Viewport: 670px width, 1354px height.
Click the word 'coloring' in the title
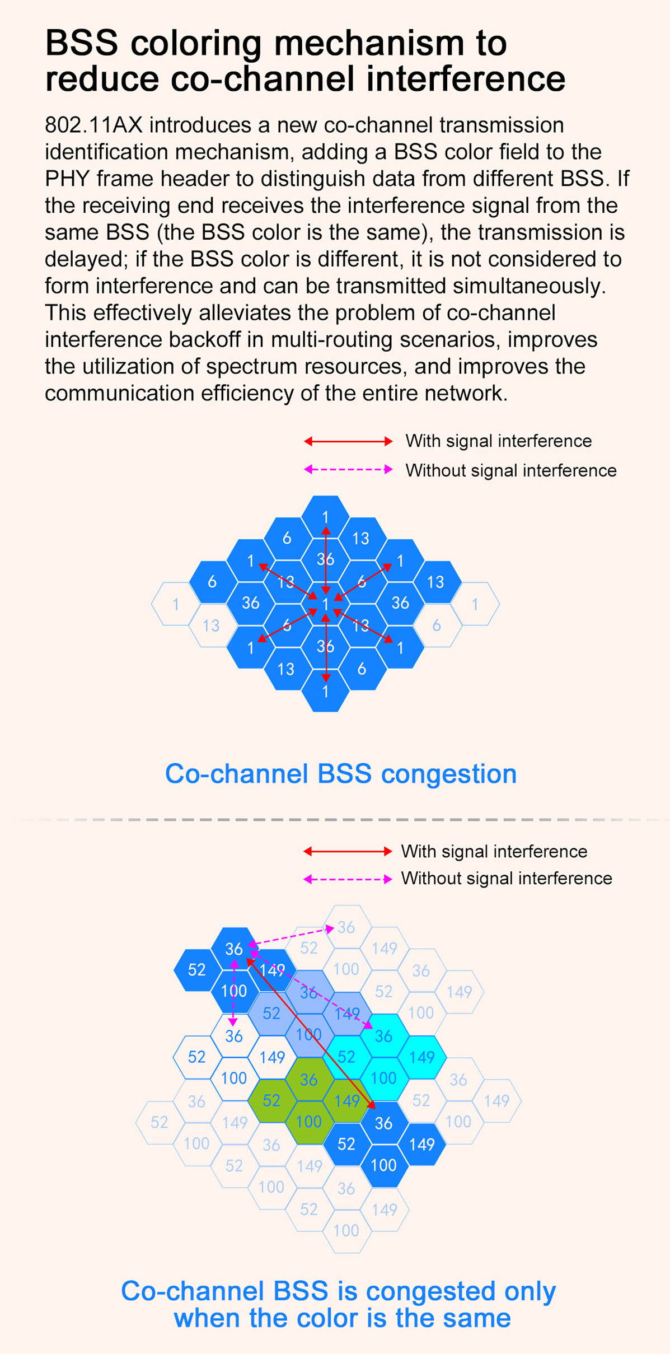[x=195, y=44]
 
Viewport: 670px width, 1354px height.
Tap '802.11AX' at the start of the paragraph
[x=93, y=125]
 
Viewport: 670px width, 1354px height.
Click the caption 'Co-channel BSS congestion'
[x=340, y=774]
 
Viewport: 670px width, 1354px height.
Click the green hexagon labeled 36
[x=308, y=1079]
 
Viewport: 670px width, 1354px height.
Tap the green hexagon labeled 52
[x=271, y=1100]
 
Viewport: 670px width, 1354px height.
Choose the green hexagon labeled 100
[x=308, y=1122]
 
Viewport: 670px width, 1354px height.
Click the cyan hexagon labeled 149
[x=421, y=1057]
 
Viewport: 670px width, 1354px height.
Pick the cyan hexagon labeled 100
[x=383, y=1078]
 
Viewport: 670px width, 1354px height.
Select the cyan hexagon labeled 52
[x=346, y=1057]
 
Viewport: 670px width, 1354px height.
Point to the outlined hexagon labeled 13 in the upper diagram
[x=211, y=625]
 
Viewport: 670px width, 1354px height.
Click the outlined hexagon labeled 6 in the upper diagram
[x=437, y=625]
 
